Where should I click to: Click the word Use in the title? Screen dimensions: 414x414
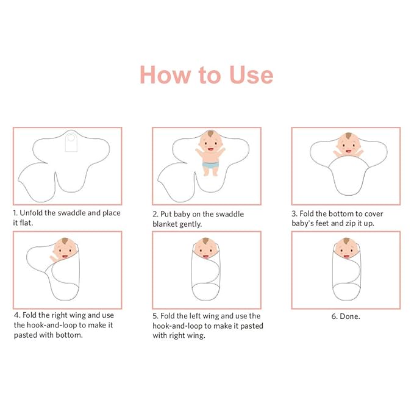point(251,75)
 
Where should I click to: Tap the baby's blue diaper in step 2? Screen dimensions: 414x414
point(210,165)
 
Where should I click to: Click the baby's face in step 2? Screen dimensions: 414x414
point(210,144)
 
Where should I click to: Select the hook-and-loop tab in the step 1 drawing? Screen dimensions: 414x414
point(71,142)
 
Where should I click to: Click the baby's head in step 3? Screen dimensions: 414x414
point(349,145)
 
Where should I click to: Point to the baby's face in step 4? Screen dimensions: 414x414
point(65,249)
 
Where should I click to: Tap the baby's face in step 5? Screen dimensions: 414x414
point(205,248)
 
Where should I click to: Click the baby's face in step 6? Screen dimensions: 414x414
point(346,248)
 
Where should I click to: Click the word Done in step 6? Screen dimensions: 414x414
point(349,316)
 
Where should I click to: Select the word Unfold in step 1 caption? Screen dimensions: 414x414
point(31,213)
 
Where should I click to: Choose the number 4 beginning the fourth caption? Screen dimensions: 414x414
point(17,315)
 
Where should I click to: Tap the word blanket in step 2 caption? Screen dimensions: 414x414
point(165,224)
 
